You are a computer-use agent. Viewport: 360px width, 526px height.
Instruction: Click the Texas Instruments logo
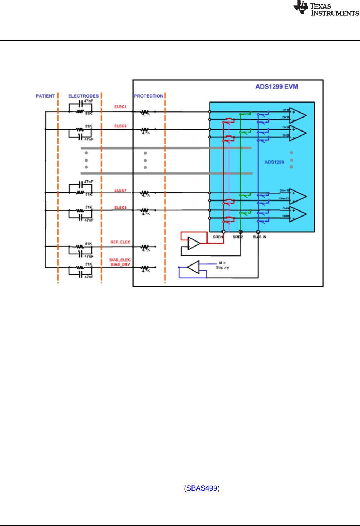(326, 8)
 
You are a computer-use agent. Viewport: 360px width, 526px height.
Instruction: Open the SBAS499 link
(202, 488)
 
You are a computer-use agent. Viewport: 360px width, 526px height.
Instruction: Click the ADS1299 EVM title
(276, 86)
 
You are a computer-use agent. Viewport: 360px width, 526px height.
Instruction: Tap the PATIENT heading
(45, 96)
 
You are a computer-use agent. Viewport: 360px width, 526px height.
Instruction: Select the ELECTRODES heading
(83, 96)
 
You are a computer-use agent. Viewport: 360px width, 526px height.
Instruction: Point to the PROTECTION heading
(149, 96)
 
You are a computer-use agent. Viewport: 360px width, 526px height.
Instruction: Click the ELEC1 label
(120, 107)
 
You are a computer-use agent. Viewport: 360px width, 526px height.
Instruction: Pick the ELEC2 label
(120, 126)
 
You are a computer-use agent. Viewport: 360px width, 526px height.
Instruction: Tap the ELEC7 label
(120, 190)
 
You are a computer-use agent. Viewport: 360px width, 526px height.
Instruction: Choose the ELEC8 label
(120, 208)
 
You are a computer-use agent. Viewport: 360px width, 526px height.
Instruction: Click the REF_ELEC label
(120, 242)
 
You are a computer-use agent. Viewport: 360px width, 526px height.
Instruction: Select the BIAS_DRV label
(120, 264)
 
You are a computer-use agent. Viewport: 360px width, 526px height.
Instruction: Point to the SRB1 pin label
(217, 237)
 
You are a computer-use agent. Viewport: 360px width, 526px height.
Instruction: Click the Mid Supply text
(222, 265)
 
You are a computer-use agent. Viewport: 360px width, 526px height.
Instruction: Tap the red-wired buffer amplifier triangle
(194, 243)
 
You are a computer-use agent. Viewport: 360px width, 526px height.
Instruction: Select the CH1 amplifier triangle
(297, 115)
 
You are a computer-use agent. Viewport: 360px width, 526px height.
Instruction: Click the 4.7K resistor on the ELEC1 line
(145, 112)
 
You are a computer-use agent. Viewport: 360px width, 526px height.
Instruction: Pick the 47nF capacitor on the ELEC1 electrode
(81, 104)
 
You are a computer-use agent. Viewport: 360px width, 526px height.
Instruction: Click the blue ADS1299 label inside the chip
(274, 162)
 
